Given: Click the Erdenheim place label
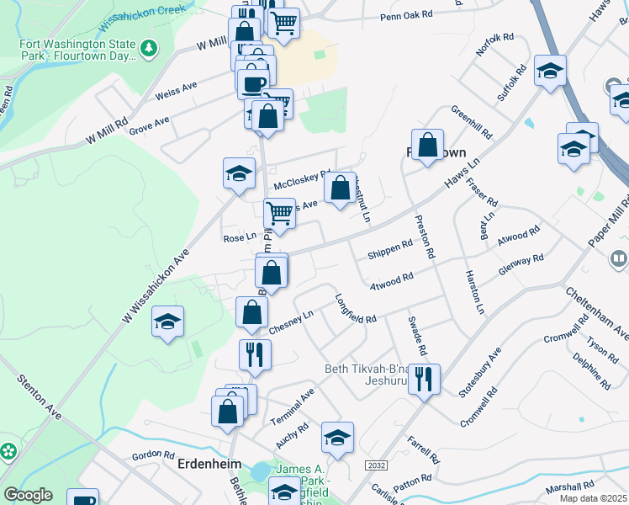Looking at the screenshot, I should coord(209,464).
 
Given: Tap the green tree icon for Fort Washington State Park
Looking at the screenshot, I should coord(149,49).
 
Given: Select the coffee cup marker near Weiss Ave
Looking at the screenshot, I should coord(253,82).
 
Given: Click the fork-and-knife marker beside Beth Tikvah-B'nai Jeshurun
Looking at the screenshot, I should coord(424,378).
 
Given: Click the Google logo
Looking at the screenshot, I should coord(28,495).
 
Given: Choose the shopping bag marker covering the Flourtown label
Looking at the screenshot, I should coord(427,144).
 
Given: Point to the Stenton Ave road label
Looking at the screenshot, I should coord(40,396).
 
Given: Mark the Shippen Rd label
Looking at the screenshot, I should coord(390,249).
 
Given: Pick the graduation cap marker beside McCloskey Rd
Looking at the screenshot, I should coord(239,173).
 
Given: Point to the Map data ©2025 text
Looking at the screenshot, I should coord(592,498).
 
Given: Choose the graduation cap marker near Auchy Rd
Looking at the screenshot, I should coord(337,437).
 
